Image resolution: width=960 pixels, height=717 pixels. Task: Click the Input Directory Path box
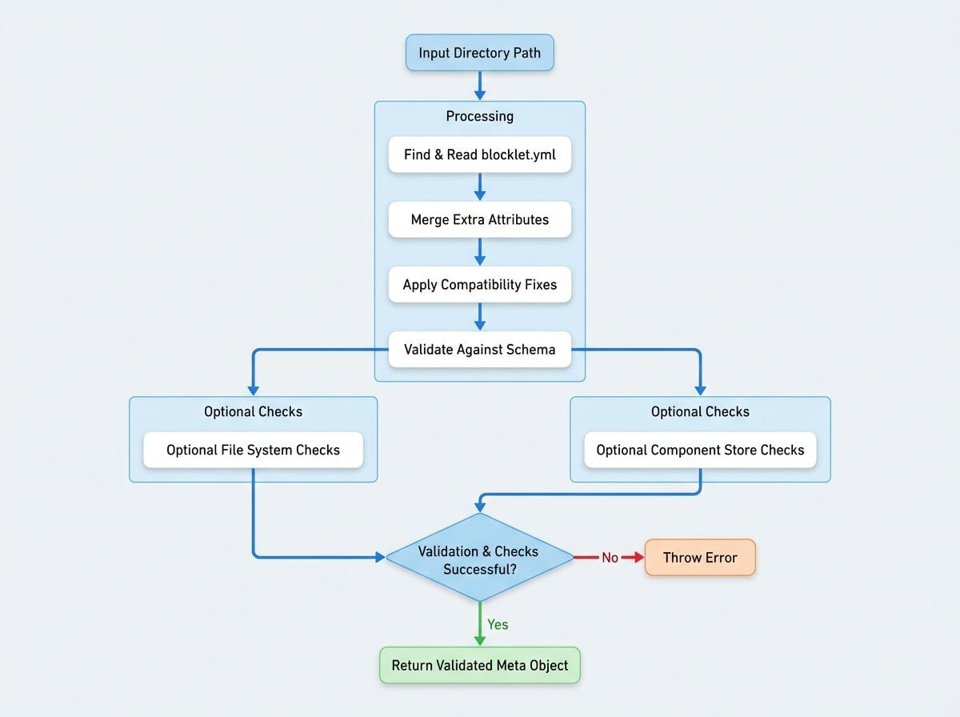[x=479, y=54]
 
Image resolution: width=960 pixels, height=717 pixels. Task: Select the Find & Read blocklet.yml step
[x=479, y=154]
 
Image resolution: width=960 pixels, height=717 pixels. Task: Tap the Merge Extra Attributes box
[x=479, y=219]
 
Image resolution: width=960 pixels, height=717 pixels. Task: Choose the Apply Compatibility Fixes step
[x=479, y=284]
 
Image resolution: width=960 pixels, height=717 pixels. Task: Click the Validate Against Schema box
[x=479, y=349]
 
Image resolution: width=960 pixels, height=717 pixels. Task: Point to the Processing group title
[x=479, y=116]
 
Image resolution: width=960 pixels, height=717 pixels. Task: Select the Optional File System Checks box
[x=253, y=450]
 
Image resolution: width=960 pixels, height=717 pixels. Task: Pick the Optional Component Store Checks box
[x=700, y=450]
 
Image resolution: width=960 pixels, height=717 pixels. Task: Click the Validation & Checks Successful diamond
[x=479, y=558]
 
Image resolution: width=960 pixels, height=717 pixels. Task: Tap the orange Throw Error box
[x=699, y=558]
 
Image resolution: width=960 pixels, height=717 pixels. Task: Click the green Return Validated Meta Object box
[x=479, y=665]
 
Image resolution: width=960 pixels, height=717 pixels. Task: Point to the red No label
[x=610, y=558]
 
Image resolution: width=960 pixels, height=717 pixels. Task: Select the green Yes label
[x=498, y=624]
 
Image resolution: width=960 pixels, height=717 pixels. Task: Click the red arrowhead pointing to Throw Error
[x=638, y=558]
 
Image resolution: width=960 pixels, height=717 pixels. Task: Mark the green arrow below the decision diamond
[x=479, y=624]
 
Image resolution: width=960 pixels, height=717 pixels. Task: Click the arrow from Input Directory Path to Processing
[x=479, y=86]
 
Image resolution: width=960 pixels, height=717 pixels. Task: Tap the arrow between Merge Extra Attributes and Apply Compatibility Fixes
[x=479, y=251]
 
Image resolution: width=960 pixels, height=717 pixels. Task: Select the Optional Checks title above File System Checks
[x=253, y=411]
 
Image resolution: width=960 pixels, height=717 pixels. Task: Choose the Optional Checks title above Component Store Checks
[x=700, y=411]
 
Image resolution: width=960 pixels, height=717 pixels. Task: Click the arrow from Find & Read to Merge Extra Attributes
[x=479, y=186]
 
